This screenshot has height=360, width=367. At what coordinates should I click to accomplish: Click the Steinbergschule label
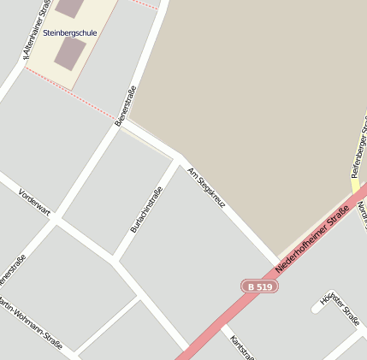click(x=70, y=32)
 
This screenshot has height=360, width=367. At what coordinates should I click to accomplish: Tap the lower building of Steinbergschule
click(x=69, y=54)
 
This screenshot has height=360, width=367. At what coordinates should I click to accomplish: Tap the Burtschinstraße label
click(x=145, y=210)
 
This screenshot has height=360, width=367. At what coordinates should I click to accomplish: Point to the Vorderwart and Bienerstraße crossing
click(x=55, y=221)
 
